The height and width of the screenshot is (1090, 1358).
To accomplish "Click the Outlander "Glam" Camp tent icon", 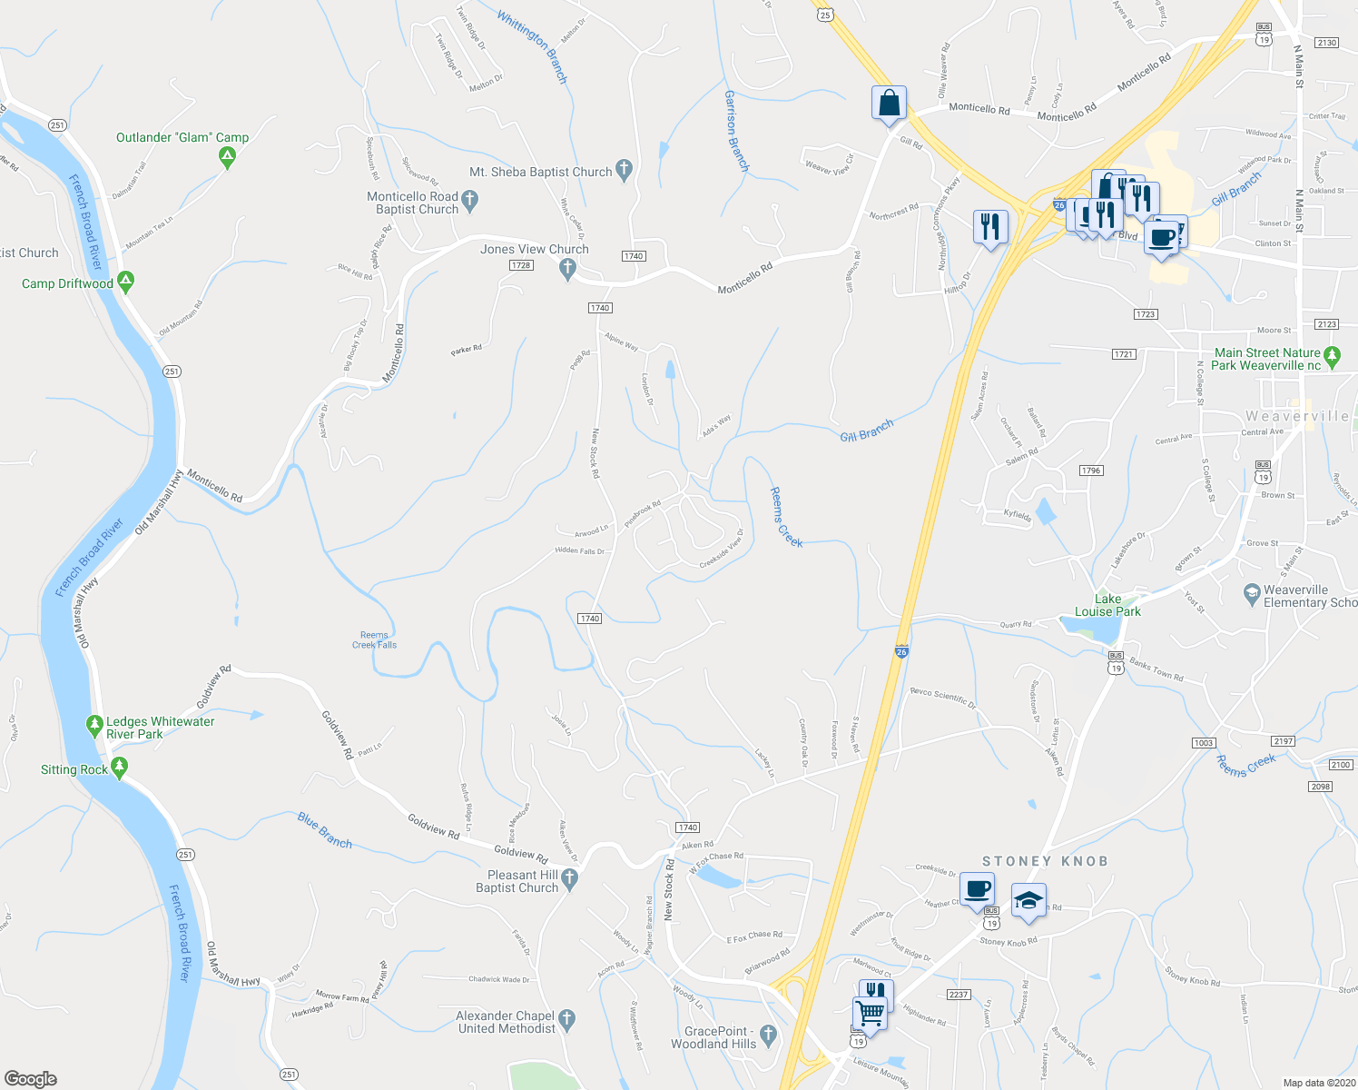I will coord(227,157).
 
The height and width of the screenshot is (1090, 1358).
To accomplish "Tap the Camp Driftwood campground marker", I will coord(126,282).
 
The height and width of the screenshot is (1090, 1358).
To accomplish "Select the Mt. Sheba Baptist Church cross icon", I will coord(624,170).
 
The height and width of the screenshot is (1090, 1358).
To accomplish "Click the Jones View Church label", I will coord(534,249).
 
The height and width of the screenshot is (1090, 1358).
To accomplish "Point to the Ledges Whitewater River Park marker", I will coord(93,726).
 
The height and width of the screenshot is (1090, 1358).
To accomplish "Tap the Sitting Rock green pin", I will coord(119,768).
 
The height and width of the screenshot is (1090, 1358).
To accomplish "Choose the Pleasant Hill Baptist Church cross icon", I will coord(569,878).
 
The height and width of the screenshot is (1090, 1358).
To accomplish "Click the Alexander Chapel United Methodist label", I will coord(506,1022).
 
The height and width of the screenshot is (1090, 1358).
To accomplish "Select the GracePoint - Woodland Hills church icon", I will coord(768,1034).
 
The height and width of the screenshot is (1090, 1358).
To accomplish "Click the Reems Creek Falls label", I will coord(374,640).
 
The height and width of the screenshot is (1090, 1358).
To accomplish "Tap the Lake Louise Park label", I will coord(1107,605).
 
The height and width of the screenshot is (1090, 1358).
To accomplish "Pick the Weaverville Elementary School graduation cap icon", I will coord(1252,594).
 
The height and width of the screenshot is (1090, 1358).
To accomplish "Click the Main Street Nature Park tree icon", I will coord(1332,356).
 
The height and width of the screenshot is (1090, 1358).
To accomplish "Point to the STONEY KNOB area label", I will coord(1045,860).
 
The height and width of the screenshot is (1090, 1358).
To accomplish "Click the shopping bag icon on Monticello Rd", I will coord(890,104).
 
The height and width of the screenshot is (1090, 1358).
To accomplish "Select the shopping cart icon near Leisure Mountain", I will coord(870,1013).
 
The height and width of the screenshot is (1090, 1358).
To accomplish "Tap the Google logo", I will coord(32,1079).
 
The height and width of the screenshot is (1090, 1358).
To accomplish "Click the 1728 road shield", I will coord(520,265).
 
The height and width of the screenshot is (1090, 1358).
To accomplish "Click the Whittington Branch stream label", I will coord(532,46).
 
